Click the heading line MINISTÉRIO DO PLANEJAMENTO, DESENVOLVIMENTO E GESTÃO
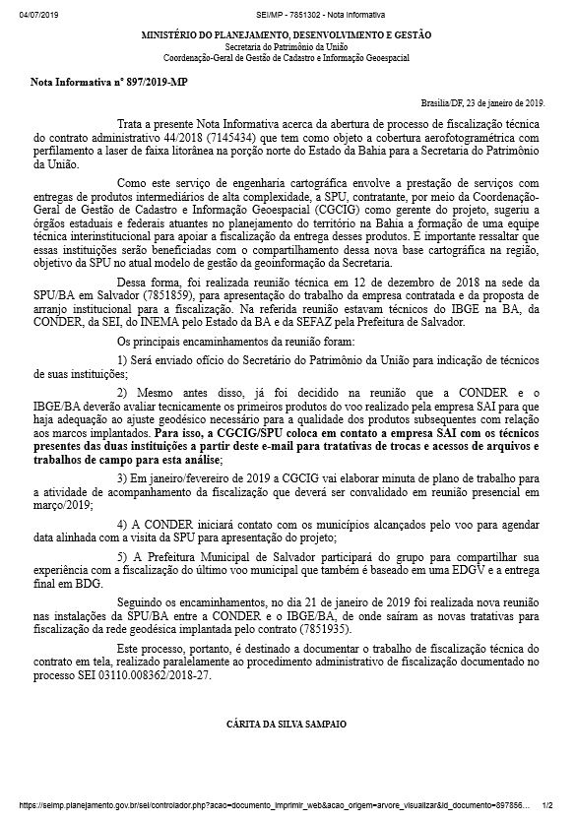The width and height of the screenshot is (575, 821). [x=287, y=34]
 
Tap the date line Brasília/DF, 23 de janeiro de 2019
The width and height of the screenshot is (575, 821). [x=481, y=103]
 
